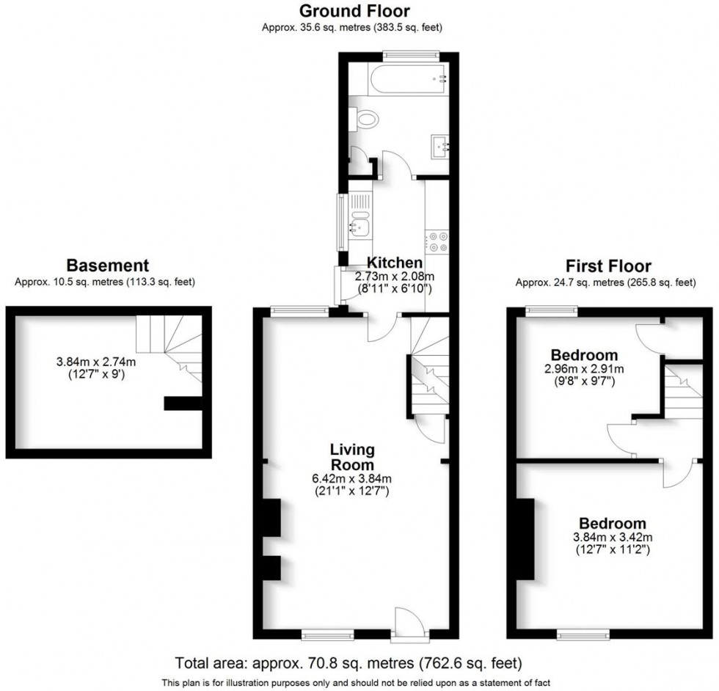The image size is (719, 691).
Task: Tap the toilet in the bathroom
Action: [x=367, y=119]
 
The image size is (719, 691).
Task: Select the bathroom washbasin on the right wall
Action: [x=442, y=146]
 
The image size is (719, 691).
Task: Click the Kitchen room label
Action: [x=395, y=263]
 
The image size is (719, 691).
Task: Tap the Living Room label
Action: [x=352, y=457]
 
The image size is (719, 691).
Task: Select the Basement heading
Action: [x=108, y=266]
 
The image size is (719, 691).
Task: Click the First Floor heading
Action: [x=608, y=266]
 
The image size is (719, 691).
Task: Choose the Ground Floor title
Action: [x=354, y=11]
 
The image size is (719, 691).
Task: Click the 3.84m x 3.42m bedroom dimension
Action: [x=613, y=537]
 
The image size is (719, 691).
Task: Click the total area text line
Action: [x=348, y=664]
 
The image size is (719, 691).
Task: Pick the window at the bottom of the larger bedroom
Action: [x=583, y=633]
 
